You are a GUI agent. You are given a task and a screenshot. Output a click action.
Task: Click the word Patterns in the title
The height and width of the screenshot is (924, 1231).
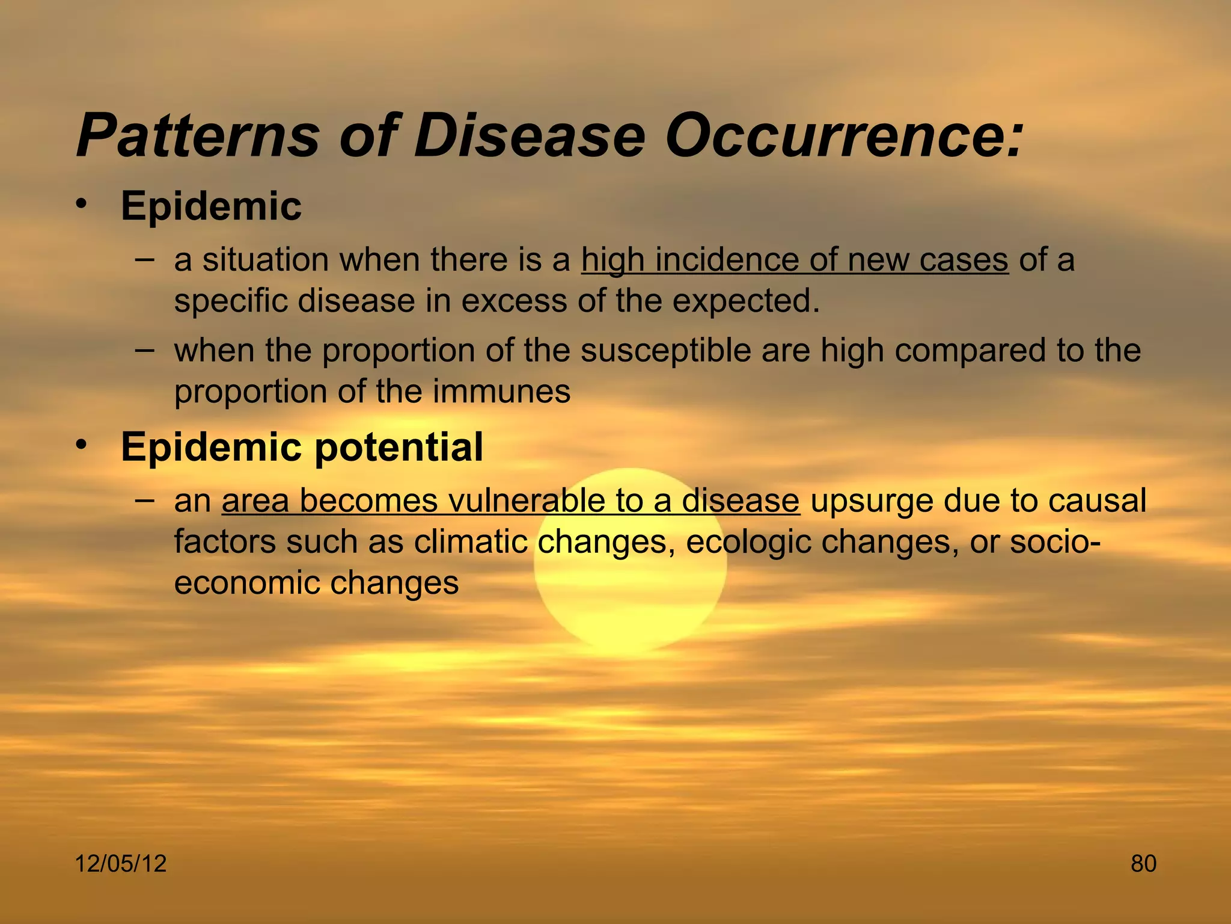coord(198,135)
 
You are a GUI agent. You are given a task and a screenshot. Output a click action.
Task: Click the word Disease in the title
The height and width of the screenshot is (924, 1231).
coord(529,135)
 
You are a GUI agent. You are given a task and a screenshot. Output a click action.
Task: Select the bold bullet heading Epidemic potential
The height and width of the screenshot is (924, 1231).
coord(302,447)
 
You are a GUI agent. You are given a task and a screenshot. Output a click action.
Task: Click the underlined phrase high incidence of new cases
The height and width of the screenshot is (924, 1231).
coord(795,260)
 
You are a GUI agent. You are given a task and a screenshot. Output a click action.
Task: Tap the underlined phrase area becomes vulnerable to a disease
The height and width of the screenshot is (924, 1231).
coord(510,501)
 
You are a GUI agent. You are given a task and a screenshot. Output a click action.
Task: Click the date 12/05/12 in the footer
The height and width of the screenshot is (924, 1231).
coord(120,864)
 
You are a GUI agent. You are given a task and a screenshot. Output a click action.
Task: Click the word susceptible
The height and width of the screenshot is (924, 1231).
coord(665,351)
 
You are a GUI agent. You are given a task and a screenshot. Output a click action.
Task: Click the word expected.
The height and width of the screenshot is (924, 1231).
coord(745,301)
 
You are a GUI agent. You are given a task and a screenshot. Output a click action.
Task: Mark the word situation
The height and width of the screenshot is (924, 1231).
coord(265,260)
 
